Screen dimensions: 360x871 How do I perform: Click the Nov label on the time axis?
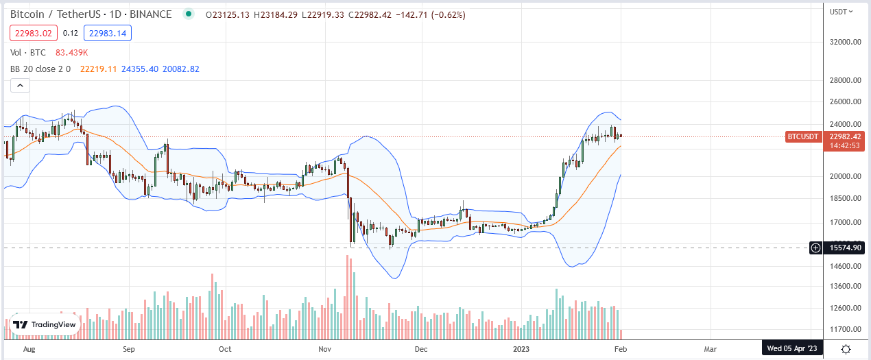point(326,349)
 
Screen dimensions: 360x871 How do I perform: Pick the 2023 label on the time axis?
point(523,349)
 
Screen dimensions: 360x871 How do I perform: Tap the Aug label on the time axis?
point(29,349)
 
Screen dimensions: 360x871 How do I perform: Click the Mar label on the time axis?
point(711,349)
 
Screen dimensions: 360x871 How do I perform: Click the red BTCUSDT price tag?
point(803,136)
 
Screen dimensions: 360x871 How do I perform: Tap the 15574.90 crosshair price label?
point(844,248)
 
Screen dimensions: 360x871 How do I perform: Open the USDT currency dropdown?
point(842,11)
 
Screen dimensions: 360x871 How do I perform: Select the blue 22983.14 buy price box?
point(108,33)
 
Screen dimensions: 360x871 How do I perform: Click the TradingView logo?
point(44,325)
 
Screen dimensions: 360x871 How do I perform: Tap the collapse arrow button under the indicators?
point(20,86)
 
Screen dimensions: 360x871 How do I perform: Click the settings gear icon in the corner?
point(846,349)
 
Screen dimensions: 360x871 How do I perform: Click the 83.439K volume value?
point(67,52)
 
